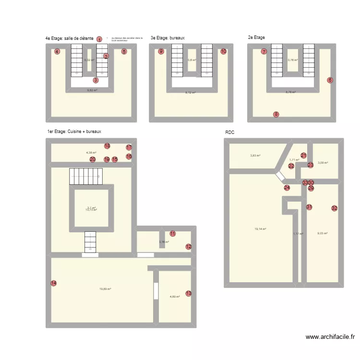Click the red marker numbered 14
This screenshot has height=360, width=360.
54,283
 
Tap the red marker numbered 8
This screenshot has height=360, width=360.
276,114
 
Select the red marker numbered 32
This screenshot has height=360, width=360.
334,208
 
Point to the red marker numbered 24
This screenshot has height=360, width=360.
287,188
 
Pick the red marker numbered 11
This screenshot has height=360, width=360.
172,234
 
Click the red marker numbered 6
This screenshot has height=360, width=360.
330,80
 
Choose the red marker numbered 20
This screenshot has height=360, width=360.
93,159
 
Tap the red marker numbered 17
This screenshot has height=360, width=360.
129,147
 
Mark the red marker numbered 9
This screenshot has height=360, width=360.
161,51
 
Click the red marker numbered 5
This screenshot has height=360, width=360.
124,51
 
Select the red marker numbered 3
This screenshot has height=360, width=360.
96,80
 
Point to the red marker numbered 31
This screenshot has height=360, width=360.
309,207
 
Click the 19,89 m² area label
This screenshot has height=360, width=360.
105,289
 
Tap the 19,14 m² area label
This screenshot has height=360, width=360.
261,229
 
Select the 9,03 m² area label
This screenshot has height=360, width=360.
322,233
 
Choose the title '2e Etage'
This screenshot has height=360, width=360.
256,37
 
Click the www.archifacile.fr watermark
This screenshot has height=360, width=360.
330,337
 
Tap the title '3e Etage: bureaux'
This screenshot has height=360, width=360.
168,37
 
